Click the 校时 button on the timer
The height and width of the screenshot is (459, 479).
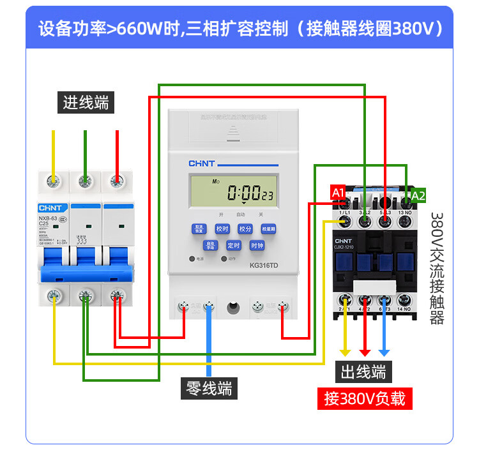click(222, 229)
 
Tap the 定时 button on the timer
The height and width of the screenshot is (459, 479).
click(233, 245)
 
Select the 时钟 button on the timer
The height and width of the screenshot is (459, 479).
click(257, 245)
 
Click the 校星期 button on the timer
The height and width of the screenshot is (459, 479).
click(269, 229)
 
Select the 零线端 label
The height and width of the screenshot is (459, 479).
click(209, 388)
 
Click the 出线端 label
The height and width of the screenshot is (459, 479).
click(362, 372)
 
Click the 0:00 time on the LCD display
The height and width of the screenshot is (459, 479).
click(243, 192)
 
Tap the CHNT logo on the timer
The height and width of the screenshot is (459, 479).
click(201, 164)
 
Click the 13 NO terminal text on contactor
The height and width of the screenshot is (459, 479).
click(404, 211)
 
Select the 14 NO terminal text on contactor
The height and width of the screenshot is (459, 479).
click(404, 309)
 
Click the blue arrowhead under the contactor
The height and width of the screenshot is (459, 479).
click(384, 352)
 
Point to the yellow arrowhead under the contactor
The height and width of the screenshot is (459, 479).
click(345, 352)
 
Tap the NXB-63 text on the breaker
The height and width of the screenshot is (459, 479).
click(49, 218)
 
